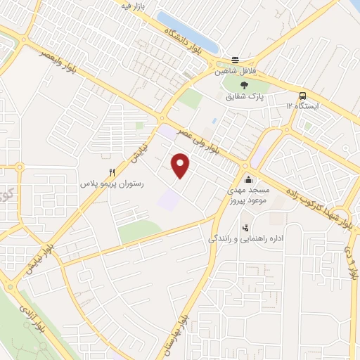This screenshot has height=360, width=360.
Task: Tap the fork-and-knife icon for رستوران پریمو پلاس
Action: tap(111, 172)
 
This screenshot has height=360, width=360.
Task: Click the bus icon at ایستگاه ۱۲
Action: tap(302, 96)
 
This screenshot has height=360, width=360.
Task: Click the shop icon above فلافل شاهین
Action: tap(236, 60)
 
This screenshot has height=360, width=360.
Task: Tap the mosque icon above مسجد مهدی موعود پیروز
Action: tap(247, 179)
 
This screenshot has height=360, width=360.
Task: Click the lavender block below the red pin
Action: tap(169, 200)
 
